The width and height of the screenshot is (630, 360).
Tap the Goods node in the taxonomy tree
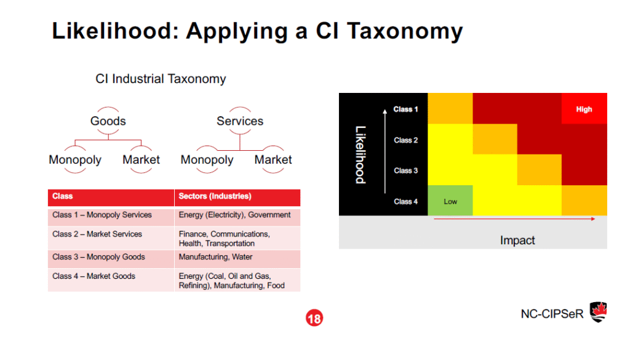click(108, 121)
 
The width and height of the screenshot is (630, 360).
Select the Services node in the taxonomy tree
click(240, 121)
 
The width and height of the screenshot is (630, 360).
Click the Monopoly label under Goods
click(75, 160)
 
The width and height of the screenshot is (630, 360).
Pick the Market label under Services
click(273, 160)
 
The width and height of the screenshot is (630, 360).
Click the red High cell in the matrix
click(584, 110)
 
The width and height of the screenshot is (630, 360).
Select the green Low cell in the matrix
click(450, 201)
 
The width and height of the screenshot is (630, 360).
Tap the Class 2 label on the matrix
click(406, 140)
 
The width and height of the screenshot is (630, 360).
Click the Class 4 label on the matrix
click(406, 202)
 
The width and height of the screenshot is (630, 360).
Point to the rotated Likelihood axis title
click(361, 154)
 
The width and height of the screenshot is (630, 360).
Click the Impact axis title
click(517, 240)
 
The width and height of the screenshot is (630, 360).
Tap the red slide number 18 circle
click(314, 319)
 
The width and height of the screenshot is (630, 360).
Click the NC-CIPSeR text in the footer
click(552, 313)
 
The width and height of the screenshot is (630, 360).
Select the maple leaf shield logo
click(599, 312)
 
